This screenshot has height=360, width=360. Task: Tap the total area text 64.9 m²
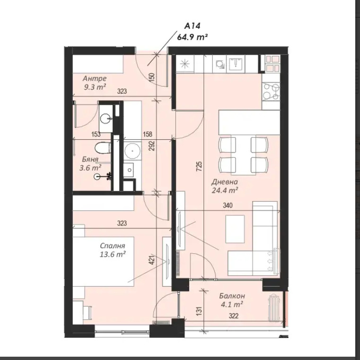[193, 37]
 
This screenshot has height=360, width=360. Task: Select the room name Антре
[95, 79]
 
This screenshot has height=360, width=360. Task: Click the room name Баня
[89, 160]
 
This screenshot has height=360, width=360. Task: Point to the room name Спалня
[112, 246]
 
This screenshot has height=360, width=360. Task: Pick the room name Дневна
[225, 181]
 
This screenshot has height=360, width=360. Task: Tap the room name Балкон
[231, 296]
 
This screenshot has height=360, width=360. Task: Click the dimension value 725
[200, 166]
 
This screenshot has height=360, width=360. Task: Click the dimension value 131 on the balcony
[200, 310]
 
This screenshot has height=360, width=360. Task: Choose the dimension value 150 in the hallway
[152, 77]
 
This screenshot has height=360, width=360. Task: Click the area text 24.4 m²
[225, 190]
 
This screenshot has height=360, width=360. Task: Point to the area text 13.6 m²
[113, 254]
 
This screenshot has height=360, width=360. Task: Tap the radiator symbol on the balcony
[274, 307]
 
